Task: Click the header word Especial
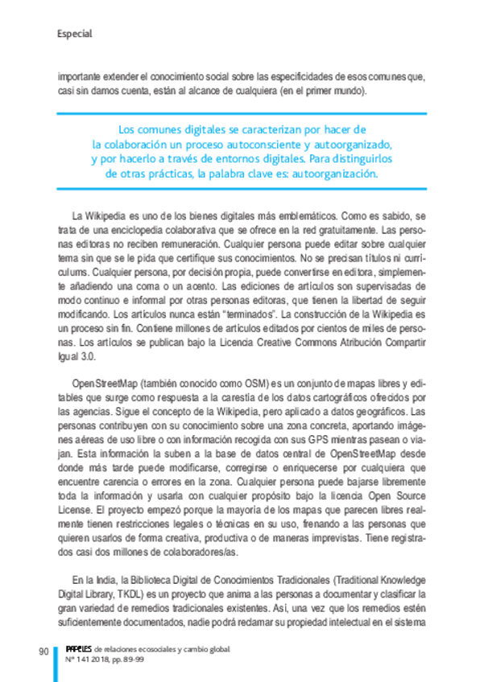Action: (75, 35)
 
